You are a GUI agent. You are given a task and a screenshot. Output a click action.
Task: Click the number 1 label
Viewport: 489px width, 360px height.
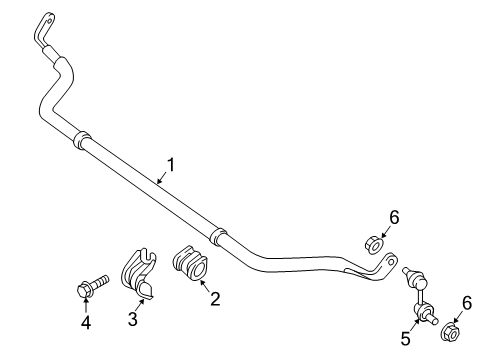click(x=170, y=165)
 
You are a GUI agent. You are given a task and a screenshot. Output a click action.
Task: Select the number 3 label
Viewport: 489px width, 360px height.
click(x=133, y=318)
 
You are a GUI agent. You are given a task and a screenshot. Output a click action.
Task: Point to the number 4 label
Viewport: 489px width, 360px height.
click(x=84, y=321)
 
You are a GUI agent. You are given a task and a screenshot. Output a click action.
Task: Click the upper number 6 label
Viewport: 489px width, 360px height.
click(x=393, y=216)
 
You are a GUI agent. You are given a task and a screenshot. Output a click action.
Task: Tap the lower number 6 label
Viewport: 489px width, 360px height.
click(x=466, y=302)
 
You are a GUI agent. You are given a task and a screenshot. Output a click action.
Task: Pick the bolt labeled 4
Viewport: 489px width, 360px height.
click(x=88, y=288)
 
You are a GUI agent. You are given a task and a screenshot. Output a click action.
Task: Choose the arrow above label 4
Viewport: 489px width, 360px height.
click(x=84, y=304)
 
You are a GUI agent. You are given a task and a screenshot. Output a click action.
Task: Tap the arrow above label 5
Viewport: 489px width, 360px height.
click(x=411, y=324)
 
